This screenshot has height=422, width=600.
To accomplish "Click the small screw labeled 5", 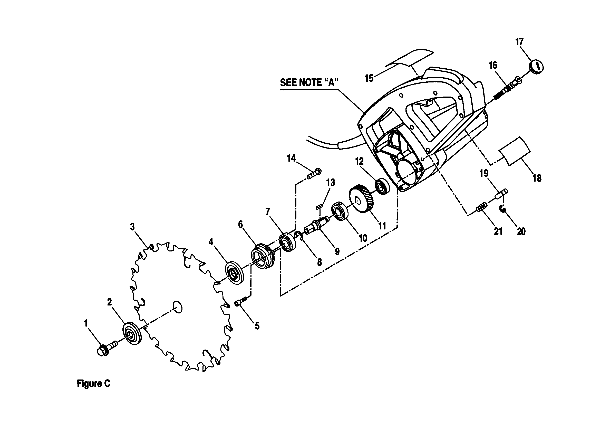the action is tap(242, 301).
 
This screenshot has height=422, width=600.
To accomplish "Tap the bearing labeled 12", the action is tap(382, 187).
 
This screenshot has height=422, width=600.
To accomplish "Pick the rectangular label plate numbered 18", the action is tap(514, 151).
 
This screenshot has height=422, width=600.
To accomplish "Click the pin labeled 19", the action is tap(501, 195).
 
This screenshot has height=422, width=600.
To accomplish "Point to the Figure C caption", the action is tap(94, 384).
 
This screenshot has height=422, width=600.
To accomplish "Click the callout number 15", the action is tap(369, 78).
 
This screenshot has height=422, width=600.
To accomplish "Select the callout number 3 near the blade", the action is tap(132, 227).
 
